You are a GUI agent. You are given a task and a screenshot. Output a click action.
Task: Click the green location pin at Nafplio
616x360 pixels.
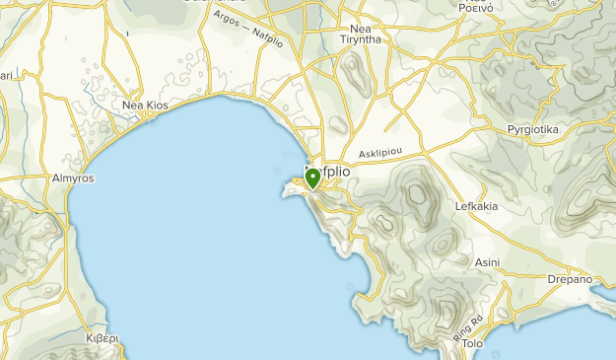pos(312,179)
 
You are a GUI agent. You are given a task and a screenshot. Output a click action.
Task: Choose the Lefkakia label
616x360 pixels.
pos(477,207)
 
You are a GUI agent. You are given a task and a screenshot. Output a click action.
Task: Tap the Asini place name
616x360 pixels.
pos(487,262)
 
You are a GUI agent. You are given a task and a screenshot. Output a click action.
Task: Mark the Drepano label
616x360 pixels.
pos(570,279)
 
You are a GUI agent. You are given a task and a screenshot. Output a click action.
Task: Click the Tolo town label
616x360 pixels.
pos(473,344)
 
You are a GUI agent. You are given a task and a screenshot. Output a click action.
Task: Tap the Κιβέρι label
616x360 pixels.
pos(102,337)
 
